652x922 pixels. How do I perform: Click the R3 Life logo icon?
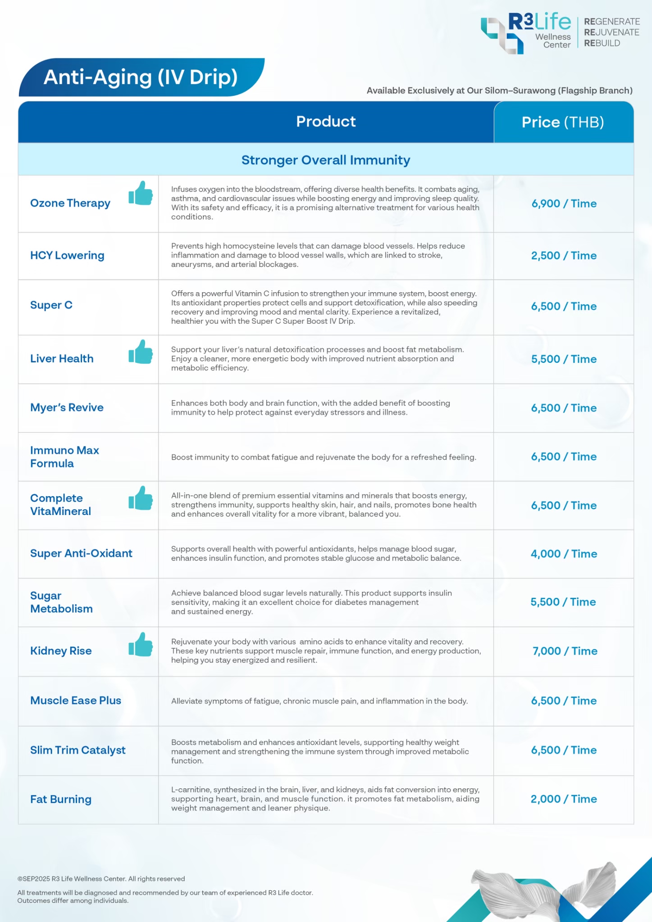pos(502,35)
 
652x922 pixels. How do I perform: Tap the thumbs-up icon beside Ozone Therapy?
pos(141,193)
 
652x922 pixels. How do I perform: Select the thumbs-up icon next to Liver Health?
pos(141,352)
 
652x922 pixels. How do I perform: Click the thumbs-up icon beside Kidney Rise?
pos(141,644)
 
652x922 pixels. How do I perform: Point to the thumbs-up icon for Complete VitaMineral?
pos(141,498)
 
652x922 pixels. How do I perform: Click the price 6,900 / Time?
pos(564,203)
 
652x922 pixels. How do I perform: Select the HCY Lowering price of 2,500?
pos(564,256)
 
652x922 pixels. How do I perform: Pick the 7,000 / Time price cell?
pos(565,651)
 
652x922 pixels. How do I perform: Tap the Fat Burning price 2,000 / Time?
pos(564,799)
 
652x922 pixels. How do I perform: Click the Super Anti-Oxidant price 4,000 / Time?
pos(564,554)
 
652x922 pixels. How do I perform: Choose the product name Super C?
pos(51,305)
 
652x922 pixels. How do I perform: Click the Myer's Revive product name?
pos(67,407)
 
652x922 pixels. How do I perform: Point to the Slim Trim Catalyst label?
pos(78,750)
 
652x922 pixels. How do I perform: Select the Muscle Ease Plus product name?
pos(76,701)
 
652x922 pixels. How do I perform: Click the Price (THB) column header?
pos(563,122)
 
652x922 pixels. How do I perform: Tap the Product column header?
pos(326,121)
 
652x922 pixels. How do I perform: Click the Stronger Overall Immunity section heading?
pos(326,160)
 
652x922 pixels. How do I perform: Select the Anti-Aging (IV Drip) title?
pos(141,77)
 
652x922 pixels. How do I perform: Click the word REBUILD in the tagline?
pos(602,43)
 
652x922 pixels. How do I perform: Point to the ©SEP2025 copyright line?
pos(101,879)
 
